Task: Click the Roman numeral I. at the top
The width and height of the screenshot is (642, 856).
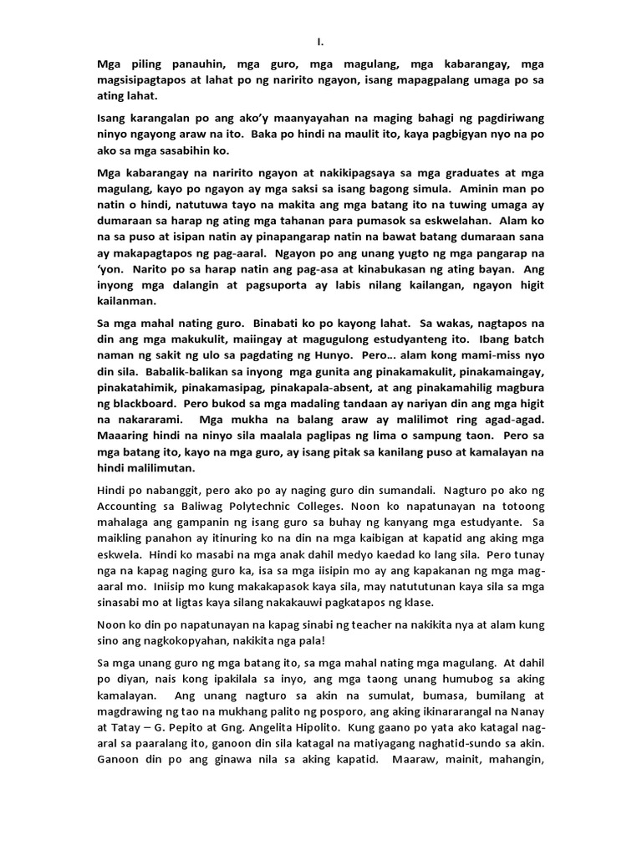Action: tap(320, 40)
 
